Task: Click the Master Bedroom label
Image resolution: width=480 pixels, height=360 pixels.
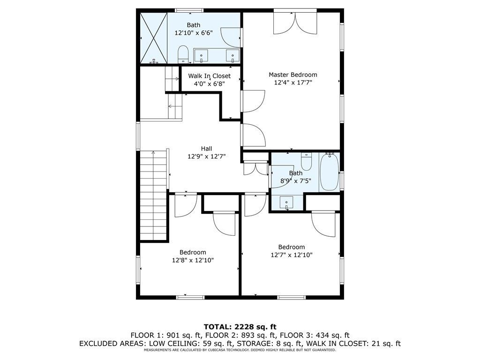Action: point(293,75)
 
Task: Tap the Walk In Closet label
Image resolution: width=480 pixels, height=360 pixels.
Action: point(210,76)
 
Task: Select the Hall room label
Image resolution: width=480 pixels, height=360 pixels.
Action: point(206,149)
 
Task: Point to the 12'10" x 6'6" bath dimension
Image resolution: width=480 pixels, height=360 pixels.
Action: point(194,33)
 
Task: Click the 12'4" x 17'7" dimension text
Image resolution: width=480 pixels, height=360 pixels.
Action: point(293,82)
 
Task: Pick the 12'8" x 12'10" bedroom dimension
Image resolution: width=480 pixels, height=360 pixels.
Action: point(193,260)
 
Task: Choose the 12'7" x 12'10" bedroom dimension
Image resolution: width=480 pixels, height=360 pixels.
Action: point(292,255)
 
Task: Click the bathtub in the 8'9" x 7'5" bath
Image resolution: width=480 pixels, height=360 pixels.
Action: point(330,172)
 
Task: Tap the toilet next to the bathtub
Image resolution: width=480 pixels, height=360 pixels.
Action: point(306,161)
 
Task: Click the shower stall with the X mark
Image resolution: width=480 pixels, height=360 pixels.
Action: point(154,38)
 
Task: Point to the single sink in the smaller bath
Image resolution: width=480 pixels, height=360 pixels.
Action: point(286,202)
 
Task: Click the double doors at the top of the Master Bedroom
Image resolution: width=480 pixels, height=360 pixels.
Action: point(295,22)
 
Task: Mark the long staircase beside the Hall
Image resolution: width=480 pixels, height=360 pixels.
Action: point(153,196)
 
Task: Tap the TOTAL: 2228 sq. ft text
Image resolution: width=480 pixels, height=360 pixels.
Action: point(240,327)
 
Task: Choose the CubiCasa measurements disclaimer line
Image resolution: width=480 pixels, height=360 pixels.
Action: point(240,350)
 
